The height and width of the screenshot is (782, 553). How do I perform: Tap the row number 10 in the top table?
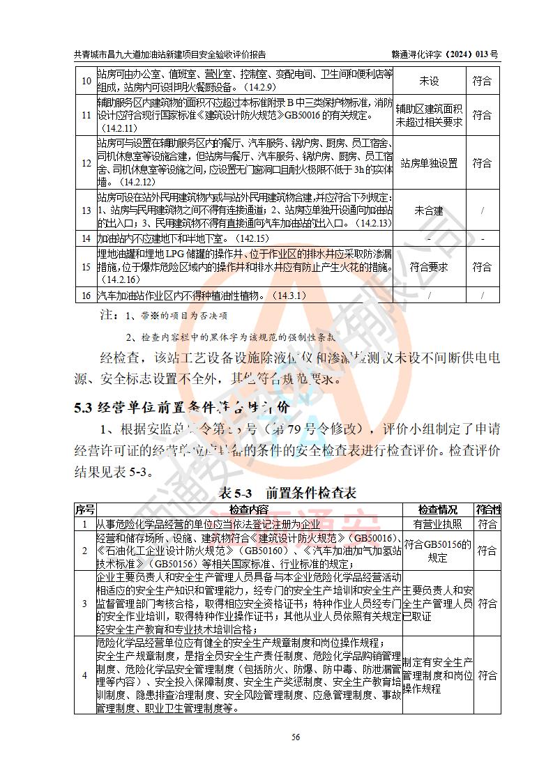pyautogui.click(x=86, y=81)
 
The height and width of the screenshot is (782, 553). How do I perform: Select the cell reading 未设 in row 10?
pyautogui.click(x=429, y=81)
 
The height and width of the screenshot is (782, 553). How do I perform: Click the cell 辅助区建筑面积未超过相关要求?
pyautogui.click(x=429, y=115)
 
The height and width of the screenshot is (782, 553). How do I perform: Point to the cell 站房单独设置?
pyautogui.click(x=429, y=163)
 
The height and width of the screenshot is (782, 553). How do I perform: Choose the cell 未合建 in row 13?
pyautogui.click(x=429, y=210)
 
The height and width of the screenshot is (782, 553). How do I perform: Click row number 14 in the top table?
pyautogui.click(x=86, y=238)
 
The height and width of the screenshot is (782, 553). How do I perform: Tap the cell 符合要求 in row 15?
pyautogui.click(x=429, y=267)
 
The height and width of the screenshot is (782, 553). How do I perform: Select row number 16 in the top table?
pyautogui.click(x=86, y=296)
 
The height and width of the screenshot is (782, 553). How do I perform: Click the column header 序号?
pyautogui.click(x=85, y=509)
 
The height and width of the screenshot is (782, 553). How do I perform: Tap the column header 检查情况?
pyautogui.click(x=438, y=509)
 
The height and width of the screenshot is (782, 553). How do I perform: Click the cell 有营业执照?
pyautogui.click(x=438, y=523)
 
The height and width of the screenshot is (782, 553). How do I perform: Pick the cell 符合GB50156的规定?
pyautogui.click(x=438, y=551)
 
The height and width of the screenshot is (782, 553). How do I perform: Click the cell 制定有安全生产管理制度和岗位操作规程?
pyautogui.click(x=438, y=675)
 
